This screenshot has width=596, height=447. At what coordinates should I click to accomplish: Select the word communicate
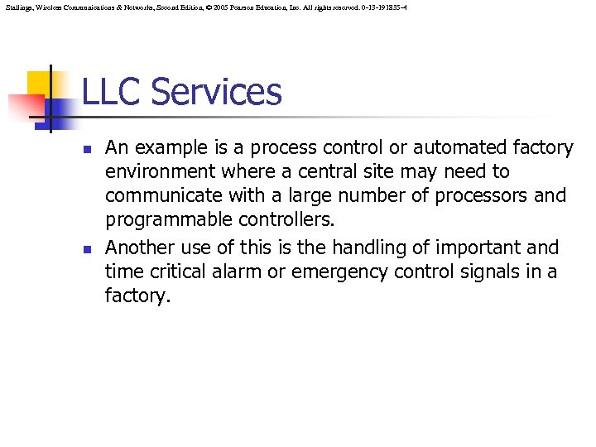tap(159, 196)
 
